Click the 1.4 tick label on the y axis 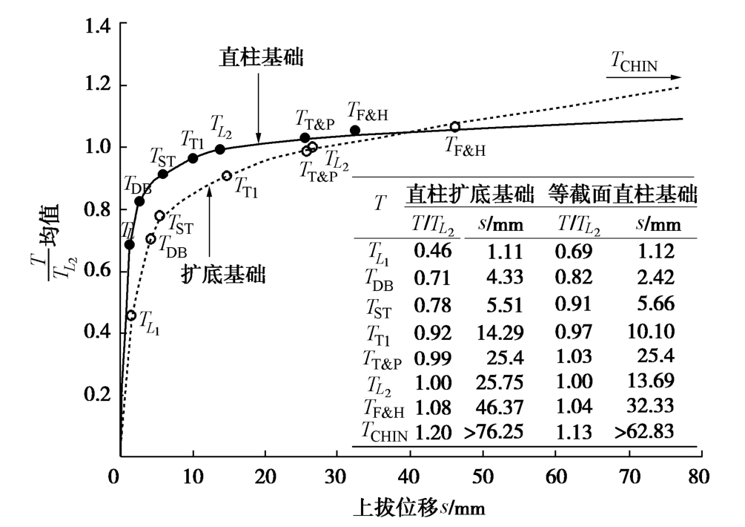tap(97, 26)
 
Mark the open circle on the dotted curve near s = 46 tap(454, 127)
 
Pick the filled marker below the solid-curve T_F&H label tap(355, 131)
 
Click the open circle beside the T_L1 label tap(131, 315)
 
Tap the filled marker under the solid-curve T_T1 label tap(193, 158)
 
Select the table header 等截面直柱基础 tap(622, 195)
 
